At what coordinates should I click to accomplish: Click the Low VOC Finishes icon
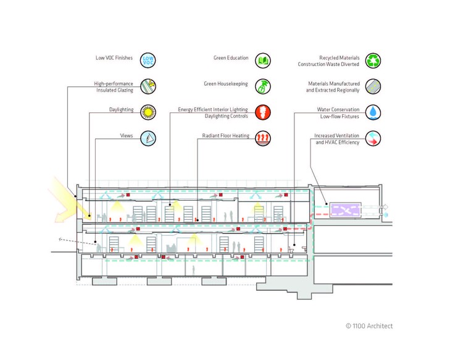[148, 60]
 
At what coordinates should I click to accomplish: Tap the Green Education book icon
[263, 60]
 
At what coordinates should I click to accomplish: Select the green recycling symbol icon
[373, 60]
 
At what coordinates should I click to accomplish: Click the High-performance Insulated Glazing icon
[148, 86]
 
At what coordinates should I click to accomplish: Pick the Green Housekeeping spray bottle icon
[263, 86]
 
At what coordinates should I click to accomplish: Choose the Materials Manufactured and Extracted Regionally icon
[373, 86]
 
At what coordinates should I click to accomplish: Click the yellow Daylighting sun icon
[148, 112]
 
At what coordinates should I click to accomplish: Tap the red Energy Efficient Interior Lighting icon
[263, 112]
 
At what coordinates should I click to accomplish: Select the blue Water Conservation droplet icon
[373, 112]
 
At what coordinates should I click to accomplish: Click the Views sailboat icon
[148, 138]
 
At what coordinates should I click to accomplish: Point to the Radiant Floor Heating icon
[263, 138]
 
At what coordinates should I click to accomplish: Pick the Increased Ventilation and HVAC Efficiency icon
[373, 138]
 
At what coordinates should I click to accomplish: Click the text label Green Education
[231, 58]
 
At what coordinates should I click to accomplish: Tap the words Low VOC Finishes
[115, 58]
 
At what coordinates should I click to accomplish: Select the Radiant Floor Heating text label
[225, 135]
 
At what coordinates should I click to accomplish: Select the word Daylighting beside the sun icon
[120, 110]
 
